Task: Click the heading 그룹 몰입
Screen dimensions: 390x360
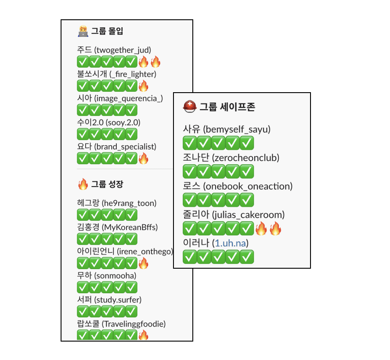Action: coord(107,31)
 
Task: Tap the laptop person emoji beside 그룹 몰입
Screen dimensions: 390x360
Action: coord(83,31)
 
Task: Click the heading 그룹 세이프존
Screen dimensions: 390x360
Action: coord(227,107)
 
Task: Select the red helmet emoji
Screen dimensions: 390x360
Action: coord(190,107)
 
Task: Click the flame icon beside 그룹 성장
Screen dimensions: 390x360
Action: coord(83,184)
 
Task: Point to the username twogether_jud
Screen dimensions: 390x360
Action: coord(123,50)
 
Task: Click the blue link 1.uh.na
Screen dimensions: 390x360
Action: coord(230,243)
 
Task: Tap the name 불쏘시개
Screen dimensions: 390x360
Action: coord(92,74)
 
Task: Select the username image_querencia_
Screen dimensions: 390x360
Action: coord(129,98)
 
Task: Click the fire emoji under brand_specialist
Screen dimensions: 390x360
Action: coord(144,158)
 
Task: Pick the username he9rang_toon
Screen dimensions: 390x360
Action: coord(129,203)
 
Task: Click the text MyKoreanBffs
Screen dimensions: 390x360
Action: coord(130,227)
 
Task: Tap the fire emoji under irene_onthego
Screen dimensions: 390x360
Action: coord(144,263)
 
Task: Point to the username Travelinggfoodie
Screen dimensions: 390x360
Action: coord(134,324)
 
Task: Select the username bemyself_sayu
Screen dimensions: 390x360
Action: coord(237,130)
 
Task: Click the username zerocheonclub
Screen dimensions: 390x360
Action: coord(246,158)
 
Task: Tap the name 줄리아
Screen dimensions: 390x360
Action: coord(196,215)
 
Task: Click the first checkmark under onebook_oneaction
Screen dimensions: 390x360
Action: coord(190,200)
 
